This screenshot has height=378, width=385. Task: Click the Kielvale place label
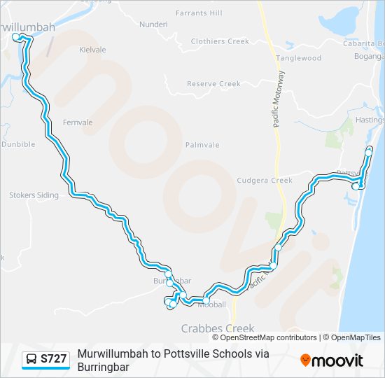92,50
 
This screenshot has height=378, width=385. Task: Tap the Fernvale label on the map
78,122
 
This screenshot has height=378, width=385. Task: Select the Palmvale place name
202,145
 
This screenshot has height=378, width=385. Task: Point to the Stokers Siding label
34,195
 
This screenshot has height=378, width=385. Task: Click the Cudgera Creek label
265,180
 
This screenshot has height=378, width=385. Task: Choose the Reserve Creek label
213,84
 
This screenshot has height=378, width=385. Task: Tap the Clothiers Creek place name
220,41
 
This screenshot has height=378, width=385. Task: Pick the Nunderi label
153,24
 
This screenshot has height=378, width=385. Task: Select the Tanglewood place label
298,58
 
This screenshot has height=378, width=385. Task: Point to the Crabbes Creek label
218,328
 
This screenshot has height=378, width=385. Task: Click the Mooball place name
211,305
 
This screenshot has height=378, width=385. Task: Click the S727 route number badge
54,359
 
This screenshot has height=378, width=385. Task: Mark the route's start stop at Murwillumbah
16,36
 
